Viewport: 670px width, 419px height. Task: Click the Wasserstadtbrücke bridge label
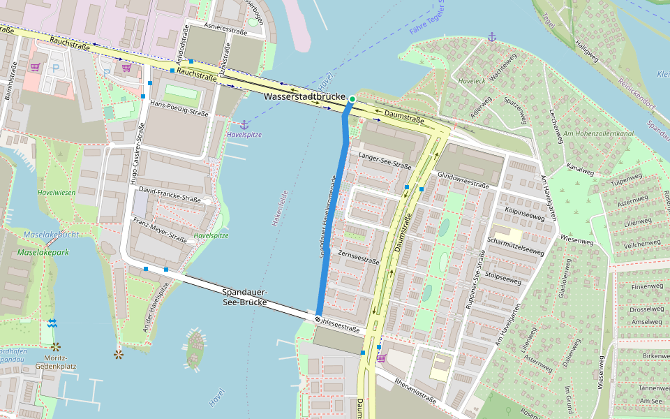pos(306,96)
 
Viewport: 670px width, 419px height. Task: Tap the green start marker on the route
pos(352,99)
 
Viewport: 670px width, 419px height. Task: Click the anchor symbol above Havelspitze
pos(244,124)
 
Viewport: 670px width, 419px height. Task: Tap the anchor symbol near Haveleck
pos(491,36)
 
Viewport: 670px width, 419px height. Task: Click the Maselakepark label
pos(43,252)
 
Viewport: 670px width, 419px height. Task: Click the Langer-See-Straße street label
pos(385,160)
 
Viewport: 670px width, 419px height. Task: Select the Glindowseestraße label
pos(463,179)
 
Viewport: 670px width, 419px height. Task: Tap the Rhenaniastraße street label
pos(415,391)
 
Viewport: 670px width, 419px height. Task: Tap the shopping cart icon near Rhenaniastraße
pos(381,358)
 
